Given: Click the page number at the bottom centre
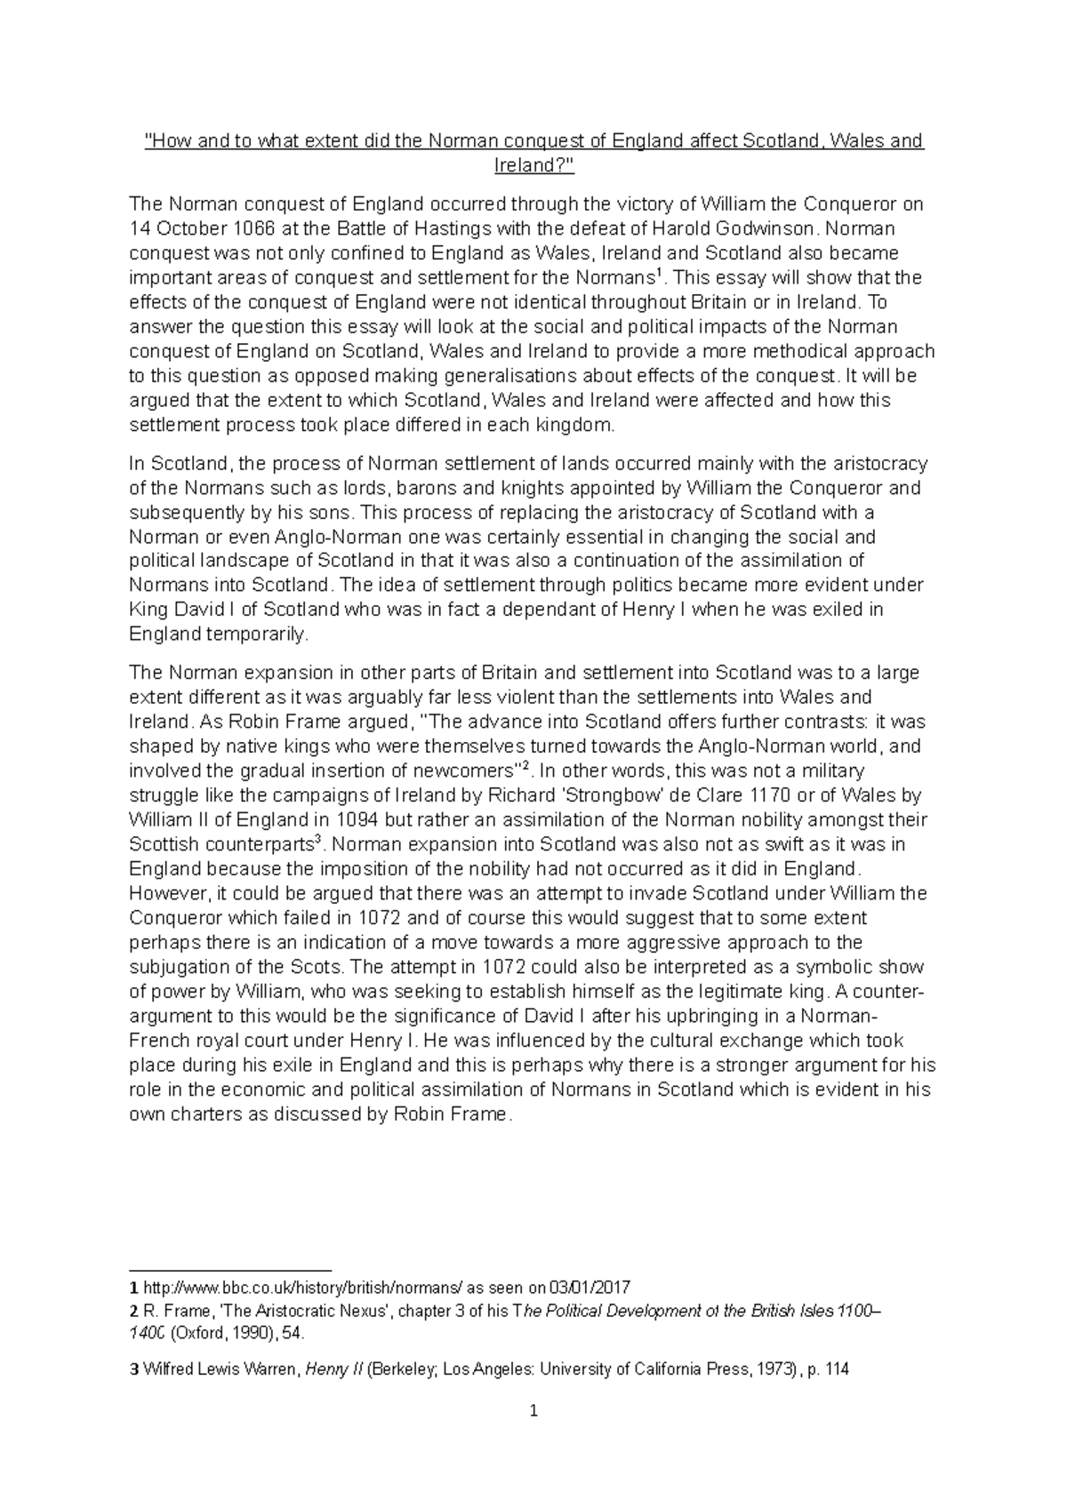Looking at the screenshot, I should [533, 1411].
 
